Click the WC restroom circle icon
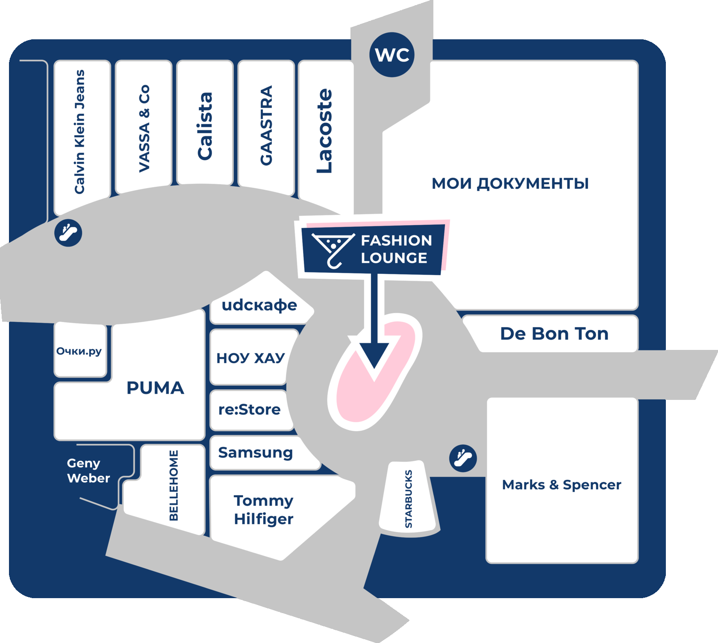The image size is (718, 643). pos(392,55)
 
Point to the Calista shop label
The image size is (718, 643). pos(205,126)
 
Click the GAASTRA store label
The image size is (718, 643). pos(266,125)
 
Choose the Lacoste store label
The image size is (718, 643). pos(324,131)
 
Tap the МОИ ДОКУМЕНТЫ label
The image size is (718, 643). pos(510,184)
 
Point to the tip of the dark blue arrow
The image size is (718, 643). pos(374,368)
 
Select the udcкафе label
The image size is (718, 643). pos(259,305)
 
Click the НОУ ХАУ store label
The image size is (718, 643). pos(250,358)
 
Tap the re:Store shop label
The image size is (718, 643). pos(250,409)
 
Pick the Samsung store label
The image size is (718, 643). pos(256,453)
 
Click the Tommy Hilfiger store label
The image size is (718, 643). pos(264,510)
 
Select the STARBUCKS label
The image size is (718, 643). pos(409,499)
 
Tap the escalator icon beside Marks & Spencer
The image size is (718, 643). pos(463,458)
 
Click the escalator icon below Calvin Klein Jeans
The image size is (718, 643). pos(68,233)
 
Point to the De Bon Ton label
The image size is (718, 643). pos(554,334)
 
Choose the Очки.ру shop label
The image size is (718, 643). pos(79,351)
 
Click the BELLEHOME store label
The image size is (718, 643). pos(174,485)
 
